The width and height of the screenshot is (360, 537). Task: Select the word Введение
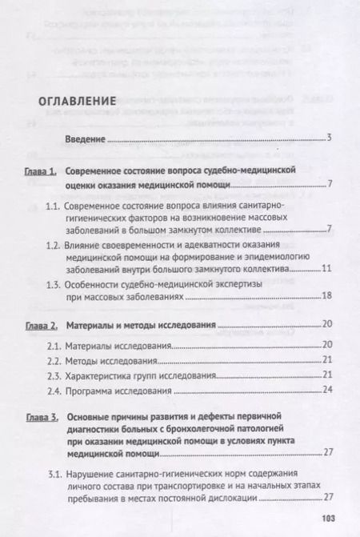[85, 140]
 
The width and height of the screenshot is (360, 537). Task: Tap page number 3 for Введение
[329, 140]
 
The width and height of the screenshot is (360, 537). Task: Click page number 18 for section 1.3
[326, 297]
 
